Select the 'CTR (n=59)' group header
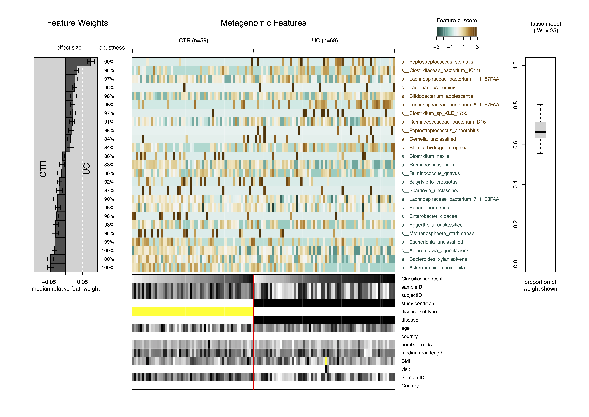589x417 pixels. [x=193, y=41]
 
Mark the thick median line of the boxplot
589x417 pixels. [x=540, y=132]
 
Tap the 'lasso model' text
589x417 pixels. [x=546, y=24]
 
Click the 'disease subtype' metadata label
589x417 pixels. [x=419, y=312]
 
